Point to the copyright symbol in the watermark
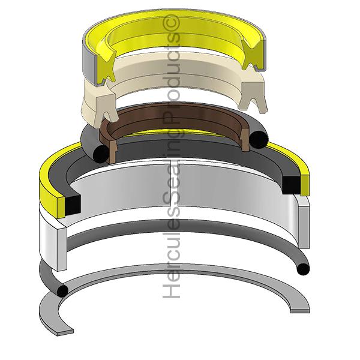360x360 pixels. point(173,22)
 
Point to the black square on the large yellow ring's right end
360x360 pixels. point(292,183)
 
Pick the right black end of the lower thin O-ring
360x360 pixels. point(304,268)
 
